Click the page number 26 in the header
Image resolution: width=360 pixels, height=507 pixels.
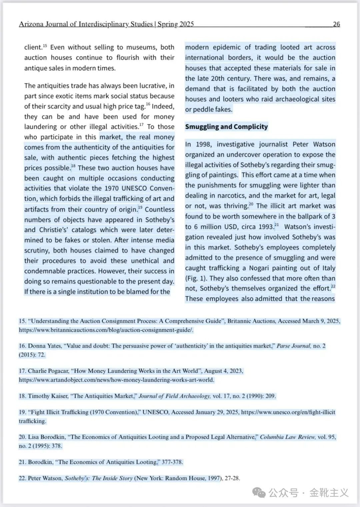336,24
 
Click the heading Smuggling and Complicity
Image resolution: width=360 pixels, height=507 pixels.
226,127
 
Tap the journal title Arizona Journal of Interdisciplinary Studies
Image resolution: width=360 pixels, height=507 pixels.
86,24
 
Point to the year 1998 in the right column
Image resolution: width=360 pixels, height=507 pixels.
203,144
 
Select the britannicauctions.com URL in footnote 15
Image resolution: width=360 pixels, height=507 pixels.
106,330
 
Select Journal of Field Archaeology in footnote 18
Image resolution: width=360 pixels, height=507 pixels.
174,396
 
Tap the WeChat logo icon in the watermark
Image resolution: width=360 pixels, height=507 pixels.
259,492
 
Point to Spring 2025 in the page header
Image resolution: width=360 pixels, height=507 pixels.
176,24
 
